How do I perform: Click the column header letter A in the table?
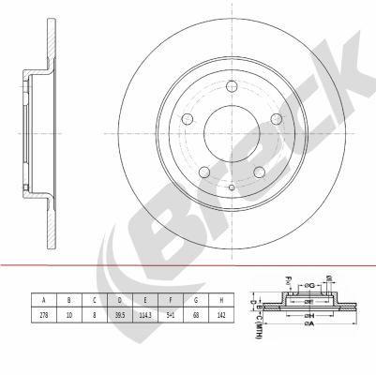pos(43,299)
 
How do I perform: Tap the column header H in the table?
pos(221,299)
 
